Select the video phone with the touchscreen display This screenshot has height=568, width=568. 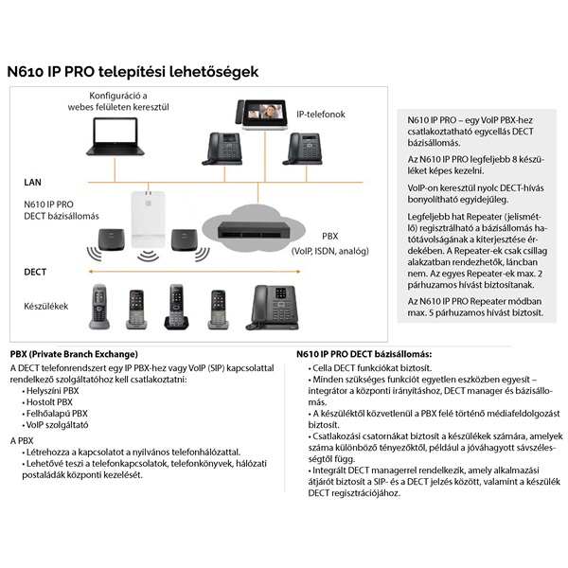click(267, 114)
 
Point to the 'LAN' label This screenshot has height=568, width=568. click(33, 181)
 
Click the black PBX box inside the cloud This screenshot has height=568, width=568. click(252, 228)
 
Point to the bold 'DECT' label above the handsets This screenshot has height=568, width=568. click(36, 272)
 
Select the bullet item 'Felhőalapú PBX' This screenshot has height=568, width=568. click(57, 414)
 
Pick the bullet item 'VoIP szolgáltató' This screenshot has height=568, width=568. click(56, 426)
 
